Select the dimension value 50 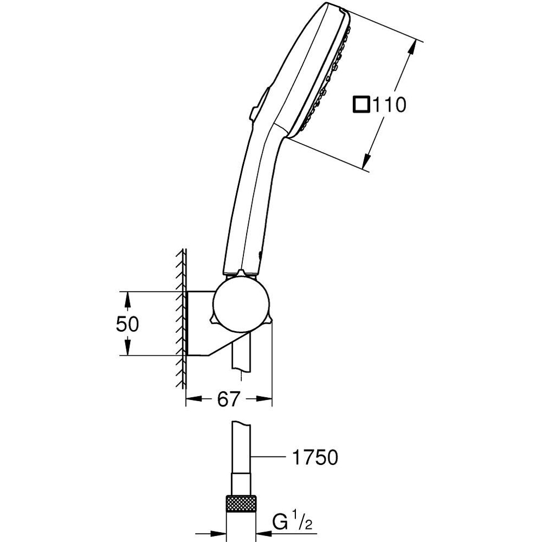tap(127, 324)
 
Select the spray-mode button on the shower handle tap(260, 103)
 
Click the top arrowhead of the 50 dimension tap(127, 298)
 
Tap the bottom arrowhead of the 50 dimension tap(127, 350)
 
